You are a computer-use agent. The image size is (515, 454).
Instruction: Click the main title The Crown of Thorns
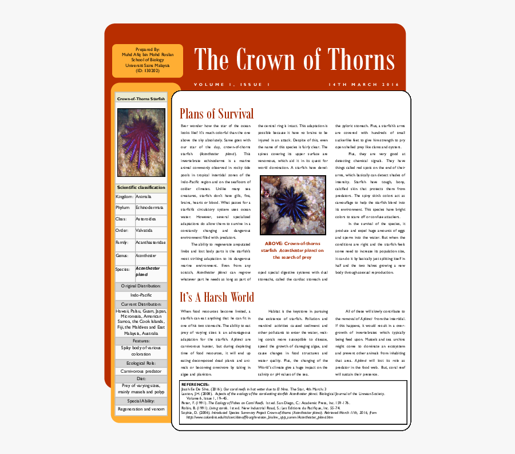(294, 60)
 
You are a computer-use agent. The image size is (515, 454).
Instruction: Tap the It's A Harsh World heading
(216, 298)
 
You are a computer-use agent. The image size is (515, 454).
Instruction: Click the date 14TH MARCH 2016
(363, 85)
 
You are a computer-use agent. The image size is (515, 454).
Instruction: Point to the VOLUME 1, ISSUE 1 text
(231, 85)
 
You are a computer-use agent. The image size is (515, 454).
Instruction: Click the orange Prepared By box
(148, 60)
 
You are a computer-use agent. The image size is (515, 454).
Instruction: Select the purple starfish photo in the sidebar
(141, 143)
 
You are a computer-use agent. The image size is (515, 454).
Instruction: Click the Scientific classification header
(141, 187)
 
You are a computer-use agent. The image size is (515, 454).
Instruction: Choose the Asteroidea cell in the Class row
(149, 219)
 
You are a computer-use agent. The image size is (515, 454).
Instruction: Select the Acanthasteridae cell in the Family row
(150, 243)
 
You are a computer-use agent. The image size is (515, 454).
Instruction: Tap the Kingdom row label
(124, 196)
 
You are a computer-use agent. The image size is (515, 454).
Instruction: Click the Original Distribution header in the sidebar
(141, 285)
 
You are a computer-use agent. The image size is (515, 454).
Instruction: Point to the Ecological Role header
(141, 363)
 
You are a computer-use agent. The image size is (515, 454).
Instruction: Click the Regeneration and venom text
(141, 409)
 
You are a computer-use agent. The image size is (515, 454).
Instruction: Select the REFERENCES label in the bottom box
(195, 384)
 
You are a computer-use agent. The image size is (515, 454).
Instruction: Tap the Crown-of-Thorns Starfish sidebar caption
(141, 98)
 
